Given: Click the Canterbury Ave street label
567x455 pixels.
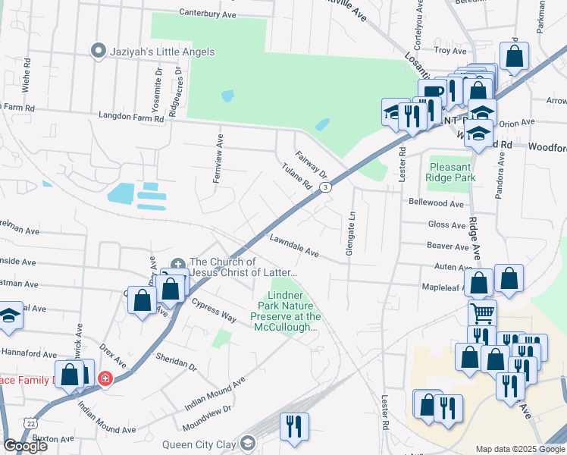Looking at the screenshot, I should [208, 12].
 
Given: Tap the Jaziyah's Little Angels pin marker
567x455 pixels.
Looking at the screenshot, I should [98, 52].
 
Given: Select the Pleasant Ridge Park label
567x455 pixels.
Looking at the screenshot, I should [452, 172].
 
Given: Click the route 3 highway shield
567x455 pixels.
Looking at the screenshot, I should [324, 187].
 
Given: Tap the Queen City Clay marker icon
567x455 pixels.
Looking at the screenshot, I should [248, 443].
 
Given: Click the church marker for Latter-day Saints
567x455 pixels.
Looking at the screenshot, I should [178, 264].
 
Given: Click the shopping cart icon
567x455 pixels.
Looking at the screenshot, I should [482, 312].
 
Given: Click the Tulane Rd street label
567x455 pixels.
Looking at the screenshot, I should [296, 176].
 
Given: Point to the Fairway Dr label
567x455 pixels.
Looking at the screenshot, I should [311, 162].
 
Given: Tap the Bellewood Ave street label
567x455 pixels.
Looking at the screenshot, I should [436, 204].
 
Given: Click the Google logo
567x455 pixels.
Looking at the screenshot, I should [25, 446].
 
